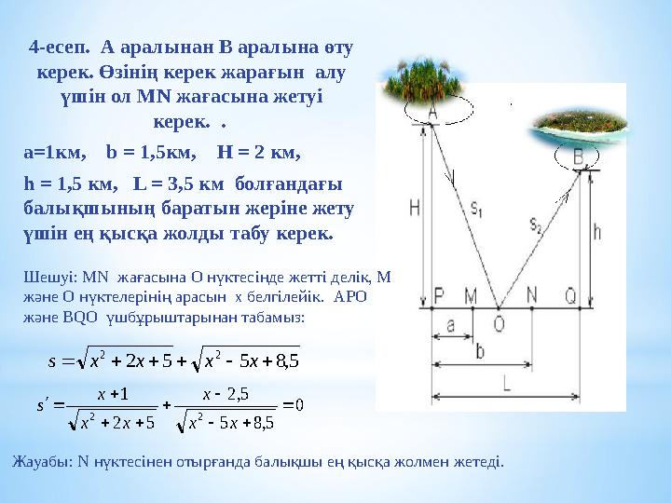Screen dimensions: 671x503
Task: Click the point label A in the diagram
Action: [x=432, y=113]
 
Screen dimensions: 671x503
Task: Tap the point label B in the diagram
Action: [x=578, y=156]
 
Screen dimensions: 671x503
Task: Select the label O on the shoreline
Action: [x=499, y=323]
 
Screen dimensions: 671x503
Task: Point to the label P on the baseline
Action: [x=439, y=294]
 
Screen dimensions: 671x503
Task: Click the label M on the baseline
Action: [x=471, y=294]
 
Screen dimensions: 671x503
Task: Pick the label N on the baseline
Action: [x=531, y=294]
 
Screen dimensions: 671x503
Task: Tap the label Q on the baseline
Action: [x=570, y=294]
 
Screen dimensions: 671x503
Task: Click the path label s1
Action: [x=476, y=209]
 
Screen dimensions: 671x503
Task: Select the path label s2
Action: [x=536, y=224]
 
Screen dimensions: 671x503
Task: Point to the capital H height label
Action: [x=415, y=208]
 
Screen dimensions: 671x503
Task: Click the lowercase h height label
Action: [x=597, y=232]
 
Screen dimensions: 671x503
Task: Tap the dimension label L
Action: [x=506, y=384]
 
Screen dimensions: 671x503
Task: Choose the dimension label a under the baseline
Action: [x=450, y=326]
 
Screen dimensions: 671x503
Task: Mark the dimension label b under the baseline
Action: [x=480, y=351]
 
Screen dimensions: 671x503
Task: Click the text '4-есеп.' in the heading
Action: [x=59, y=48]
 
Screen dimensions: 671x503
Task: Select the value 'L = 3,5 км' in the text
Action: [x=178, y=184]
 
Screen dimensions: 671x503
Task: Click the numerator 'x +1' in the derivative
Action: [x=113, y=393]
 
